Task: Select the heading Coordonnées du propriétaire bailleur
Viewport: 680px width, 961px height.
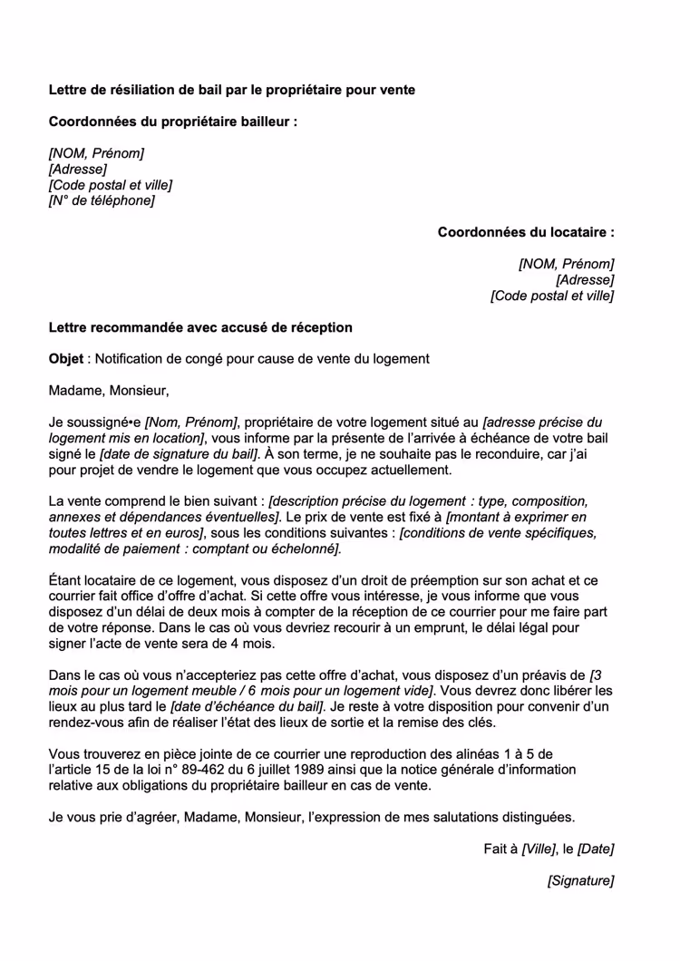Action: [172, 121]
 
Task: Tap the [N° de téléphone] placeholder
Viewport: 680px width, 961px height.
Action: [102, 200]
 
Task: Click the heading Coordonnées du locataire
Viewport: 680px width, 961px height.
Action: [525, 232]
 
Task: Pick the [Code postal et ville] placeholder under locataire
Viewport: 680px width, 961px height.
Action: [551, 296]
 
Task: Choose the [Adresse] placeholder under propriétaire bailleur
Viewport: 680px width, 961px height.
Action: [77, 169]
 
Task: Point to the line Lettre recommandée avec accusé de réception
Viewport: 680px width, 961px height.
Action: [199, 327]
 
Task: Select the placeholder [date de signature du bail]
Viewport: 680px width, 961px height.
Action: [180, 454]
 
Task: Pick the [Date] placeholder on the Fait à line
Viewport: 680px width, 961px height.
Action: [596, 849]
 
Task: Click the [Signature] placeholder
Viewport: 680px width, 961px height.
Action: [580, 880]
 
